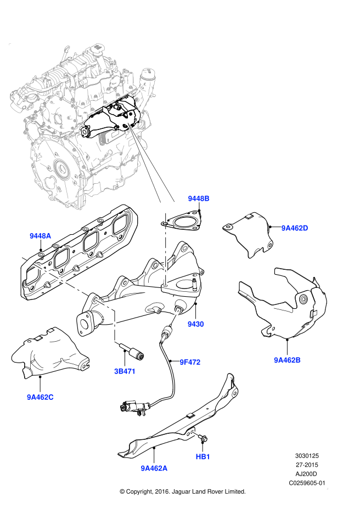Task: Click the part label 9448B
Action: (x=199, y=199)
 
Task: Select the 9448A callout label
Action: (x=40, y=236)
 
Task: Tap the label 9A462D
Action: (x=295, y=228)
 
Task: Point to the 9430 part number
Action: (x=195, y=324)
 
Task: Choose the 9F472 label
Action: (x=190, y=362)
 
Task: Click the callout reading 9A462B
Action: (x=287, y=360)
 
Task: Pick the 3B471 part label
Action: (x=125, y=371)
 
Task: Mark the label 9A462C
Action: (x=40, y=397)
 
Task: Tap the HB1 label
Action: (x=203, y=457)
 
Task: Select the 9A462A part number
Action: (x=154, y=468)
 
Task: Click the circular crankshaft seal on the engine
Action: (x=63, y=169)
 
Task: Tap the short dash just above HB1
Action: (x=195, y=434)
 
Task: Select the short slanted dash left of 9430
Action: (x=175, y=316)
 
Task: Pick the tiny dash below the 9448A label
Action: (x=25, y=259)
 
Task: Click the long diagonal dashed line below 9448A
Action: (x=60, y=280)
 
